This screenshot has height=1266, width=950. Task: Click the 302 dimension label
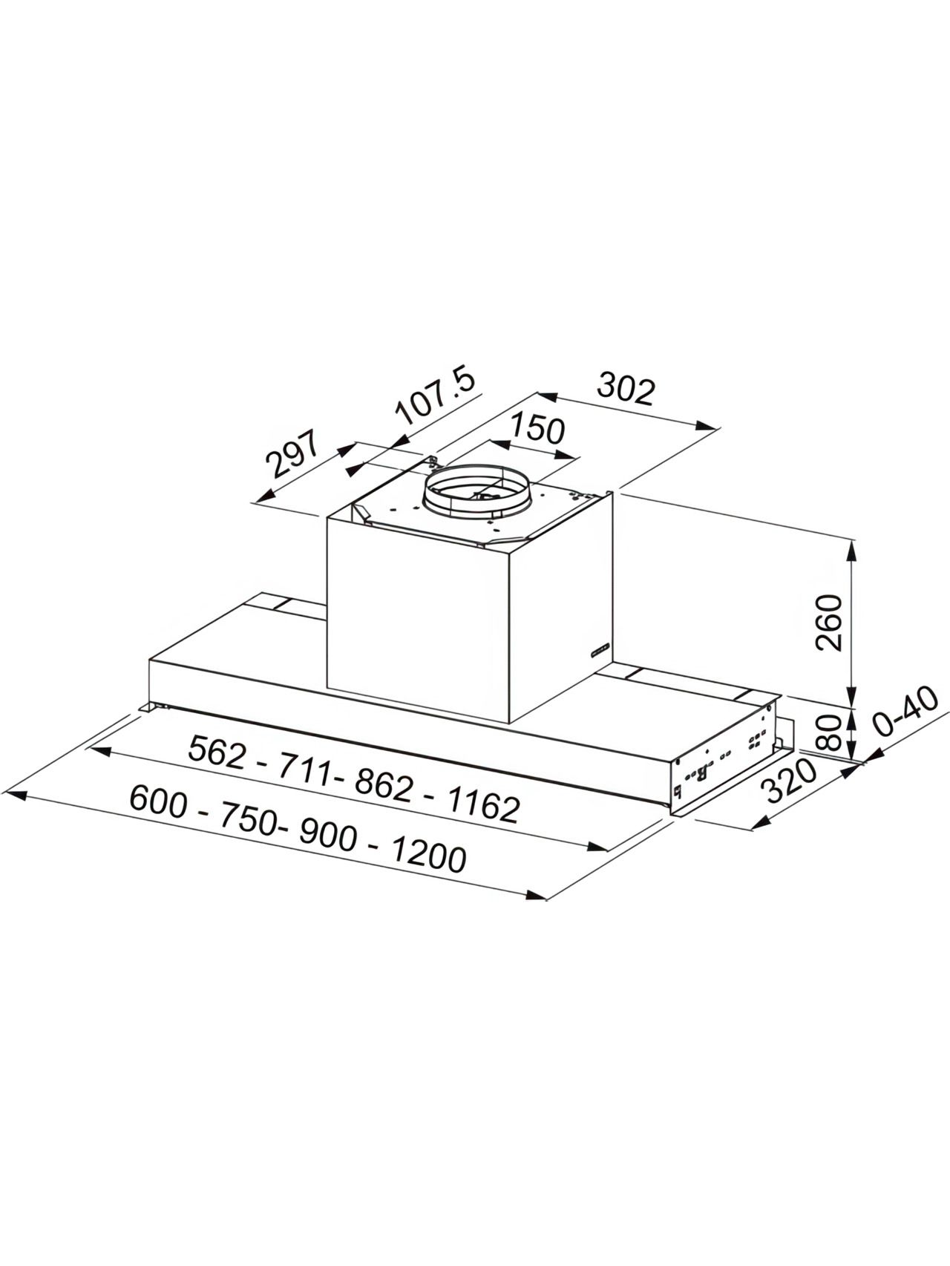tap(626, 390)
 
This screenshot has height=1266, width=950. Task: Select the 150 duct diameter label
tap(537, 430)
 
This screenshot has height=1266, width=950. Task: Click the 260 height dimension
tap(829, 623)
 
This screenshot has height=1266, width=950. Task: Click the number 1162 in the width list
tap(482, 804)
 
